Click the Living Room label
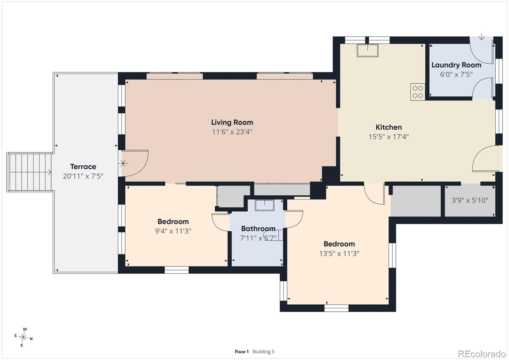pos(232,122)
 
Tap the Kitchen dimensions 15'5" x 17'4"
pos(388,137)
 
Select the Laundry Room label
pos(456,65)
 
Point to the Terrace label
pos(83,167)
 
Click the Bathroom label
pos(258,229)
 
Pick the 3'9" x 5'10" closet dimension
pos(470,200)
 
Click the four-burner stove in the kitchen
pos(418,92)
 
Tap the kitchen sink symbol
pos(367,51)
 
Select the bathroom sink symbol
pos(264,205)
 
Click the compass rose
pos(23,337)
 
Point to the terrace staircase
pos(30,172)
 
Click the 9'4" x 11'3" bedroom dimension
pos(173,231)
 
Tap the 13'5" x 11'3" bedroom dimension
pos(339,254)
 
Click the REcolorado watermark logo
pos(482,354)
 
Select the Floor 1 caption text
pos(241,352)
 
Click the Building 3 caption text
pos(263,352)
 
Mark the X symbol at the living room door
pos(123,163)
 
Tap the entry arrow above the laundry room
pos(481,37)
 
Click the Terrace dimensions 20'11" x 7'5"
pos(83,176)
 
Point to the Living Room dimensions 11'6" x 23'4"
pos(232,132)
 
